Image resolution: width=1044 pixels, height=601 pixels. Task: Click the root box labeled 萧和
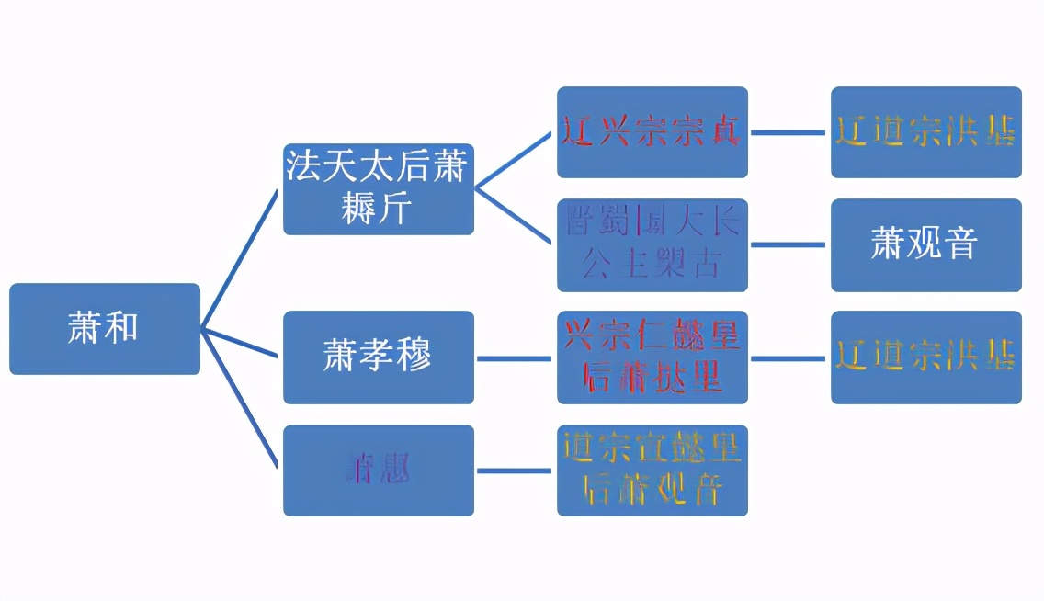click(105, 328)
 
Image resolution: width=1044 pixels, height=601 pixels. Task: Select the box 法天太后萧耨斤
click(378, 188)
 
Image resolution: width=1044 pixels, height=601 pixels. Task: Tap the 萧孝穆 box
click(378, 357)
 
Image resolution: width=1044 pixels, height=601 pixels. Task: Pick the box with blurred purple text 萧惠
click(378, 470)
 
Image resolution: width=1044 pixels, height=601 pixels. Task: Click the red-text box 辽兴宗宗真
click(652, 132)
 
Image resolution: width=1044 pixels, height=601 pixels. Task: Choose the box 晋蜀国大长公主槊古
click(652, 244)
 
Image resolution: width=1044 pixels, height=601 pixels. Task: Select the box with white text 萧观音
click(925, 244)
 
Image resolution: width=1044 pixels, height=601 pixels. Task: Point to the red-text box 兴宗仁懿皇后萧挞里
click(652, 357)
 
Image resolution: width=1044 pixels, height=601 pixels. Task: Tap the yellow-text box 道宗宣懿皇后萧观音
click(652, 470)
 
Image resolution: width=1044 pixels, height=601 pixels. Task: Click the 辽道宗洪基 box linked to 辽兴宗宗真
click(925, 132)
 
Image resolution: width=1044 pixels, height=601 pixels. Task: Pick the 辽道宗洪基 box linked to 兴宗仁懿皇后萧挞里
click(925, 357)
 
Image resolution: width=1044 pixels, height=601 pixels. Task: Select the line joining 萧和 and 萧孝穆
click(241, 343)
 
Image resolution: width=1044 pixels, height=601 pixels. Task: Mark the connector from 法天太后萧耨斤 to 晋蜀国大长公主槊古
click(515, 216)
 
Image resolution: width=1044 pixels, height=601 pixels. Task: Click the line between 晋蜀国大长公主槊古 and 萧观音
click(789, 244)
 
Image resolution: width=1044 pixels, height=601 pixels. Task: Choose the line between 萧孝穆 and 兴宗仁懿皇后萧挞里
click(515, 357)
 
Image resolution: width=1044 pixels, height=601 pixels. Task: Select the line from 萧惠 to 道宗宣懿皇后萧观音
click(515, 471)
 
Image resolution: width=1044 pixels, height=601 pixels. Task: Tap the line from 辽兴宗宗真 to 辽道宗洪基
click(789, 132)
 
